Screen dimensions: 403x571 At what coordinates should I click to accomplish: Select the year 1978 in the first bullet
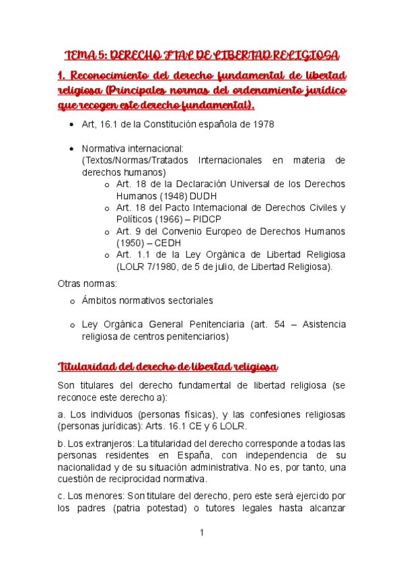coord(262,125)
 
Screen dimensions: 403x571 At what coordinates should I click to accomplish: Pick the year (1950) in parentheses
coord(131,242)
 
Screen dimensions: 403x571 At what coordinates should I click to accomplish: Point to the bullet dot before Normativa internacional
coord(72,148)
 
